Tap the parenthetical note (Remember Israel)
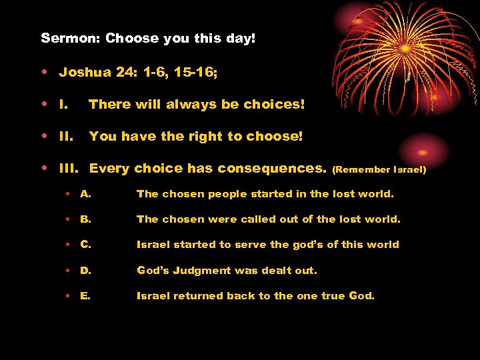(x=379, y=170)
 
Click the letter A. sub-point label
(x=85, y=194)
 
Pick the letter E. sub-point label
(x=85, y=295)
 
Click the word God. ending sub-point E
(x=361, y=295)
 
